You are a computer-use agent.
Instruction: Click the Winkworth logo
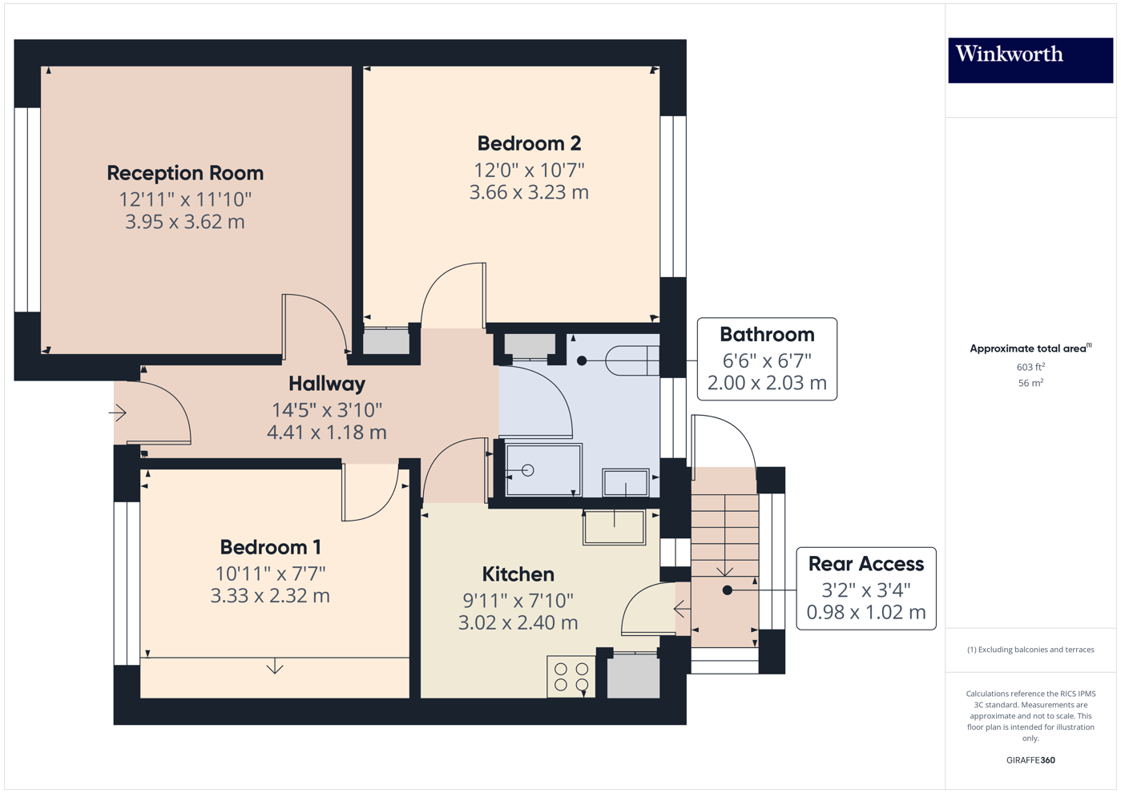pos(1030,59)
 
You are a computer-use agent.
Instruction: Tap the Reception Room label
pos(185,173)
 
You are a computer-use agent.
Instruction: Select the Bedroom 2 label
pos(529,143)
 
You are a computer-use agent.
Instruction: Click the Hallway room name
pos(327,384)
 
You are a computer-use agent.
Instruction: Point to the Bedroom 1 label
pos(270,547)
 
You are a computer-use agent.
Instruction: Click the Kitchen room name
pos(518,574)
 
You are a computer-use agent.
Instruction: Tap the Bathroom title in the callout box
pos(767,335)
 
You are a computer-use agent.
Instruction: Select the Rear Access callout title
pos(865,564)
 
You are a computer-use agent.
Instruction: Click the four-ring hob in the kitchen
pos(571,677)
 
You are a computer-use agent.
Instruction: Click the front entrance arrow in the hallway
pos(118,413)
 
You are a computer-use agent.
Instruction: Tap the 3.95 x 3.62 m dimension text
pos(185,222)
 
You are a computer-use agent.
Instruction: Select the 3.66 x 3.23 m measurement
pos(529,192)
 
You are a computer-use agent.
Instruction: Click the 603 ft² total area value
pos(1030,367)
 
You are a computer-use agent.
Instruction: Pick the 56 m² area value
pos(1030,383)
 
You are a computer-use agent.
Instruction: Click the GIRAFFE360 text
pos(1030,760)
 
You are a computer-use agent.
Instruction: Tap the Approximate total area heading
pos(1030,348)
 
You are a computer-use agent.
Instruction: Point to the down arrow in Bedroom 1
pos(275,666)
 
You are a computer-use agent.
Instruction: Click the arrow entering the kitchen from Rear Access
pos(682,610)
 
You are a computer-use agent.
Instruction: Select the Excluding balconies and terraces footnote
pos(1030,650)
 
